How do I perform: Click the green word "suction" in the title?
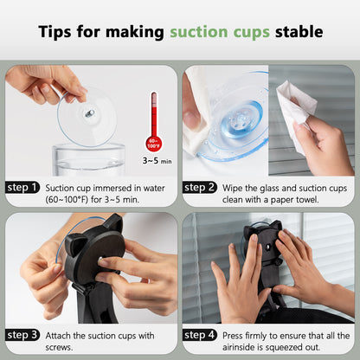(199, 31)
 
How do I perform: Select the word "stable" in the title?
(299, 31)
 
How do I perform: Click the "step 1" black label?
(22, 188)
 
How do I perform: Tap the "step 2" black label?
(199, 188)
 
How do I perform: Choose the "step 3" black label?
(22, 335)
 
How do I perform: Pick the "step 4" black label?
(199, 335)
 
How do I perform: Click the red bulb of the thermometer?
(153, 144)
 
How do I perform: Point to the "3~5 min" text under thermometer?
(157, 160)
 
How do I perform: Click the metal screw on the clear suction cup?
(90, 113)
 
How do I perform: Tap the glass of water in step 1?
(88, 159)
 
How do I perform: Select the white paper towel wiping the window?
(294, 112)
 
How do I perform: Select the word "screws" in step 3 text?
(59, 347)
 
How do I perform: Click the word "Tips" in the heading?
(55, 31)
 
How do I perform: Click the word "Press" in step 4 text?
(232, 336)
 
